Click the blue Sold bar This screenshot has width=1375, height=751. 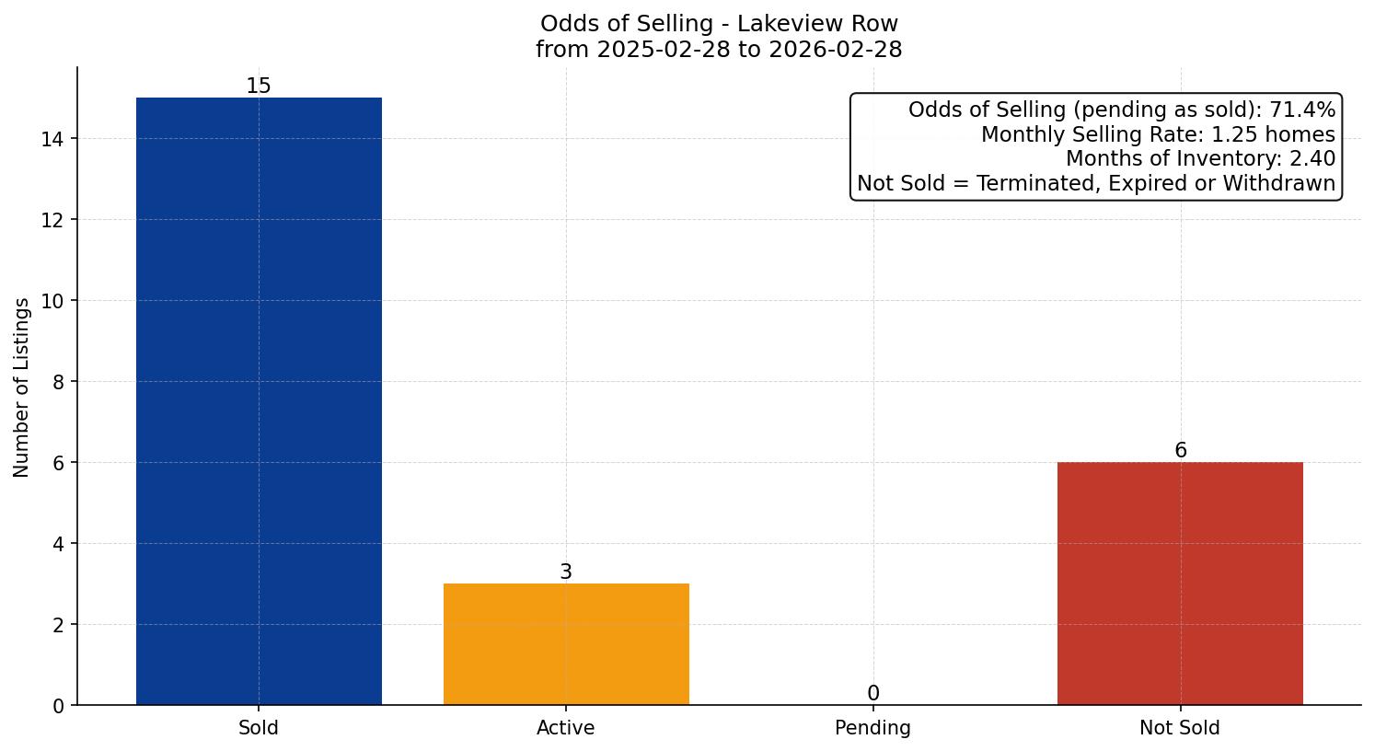[259, 401]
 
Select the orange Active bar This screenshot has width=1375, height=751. [566, 644]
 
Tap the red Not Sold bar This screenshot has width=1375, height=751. [1180, 583]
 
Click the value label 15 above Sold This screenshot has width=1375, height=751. [259, 87]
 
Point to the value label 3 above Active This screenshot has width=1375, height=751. [566, 572]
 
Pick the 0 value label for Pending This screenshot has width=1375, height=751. [873, 694]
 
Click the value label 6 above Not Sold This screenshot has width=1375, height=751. [1180, 451]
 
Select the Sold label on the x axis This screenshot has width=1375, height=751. [259, 728]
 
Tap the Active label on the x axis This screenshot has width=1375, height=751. [566, 728]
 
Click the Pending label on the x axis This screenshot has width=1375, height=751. [873, 728]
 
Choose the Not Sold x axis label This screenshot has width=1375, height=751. [1180, 728]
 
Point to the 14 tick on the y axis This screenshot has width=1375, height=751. [53, 139]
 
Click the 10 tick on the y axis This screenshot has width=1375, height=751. [53, 301]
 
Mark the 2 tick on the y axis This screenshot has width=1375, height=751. [59, 625]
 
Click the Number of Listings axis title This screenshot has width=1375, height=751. [22, 387]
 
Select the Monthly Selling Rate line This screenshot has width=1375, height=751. [1158, 135]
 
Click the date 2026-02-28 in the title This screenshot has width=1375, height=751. [832, 50]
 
